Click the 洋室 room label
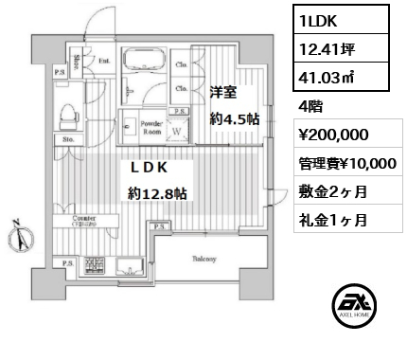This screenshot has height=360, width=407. coord(224,93)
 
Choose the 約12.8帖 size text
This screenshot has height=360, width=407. coord(158,194)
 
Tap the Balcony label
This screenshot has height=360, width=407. coord(206,258)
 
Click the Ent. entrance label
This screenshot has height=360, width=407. coord(105,64)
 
